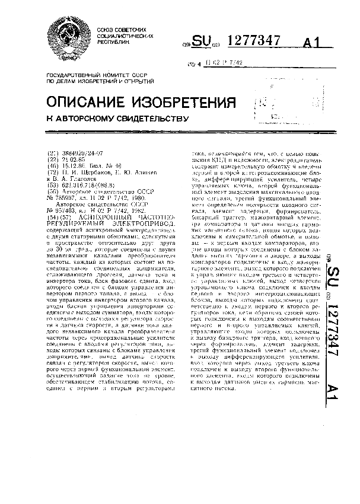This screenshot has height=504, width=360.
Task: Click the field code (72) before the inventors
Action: click(52, 172)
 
